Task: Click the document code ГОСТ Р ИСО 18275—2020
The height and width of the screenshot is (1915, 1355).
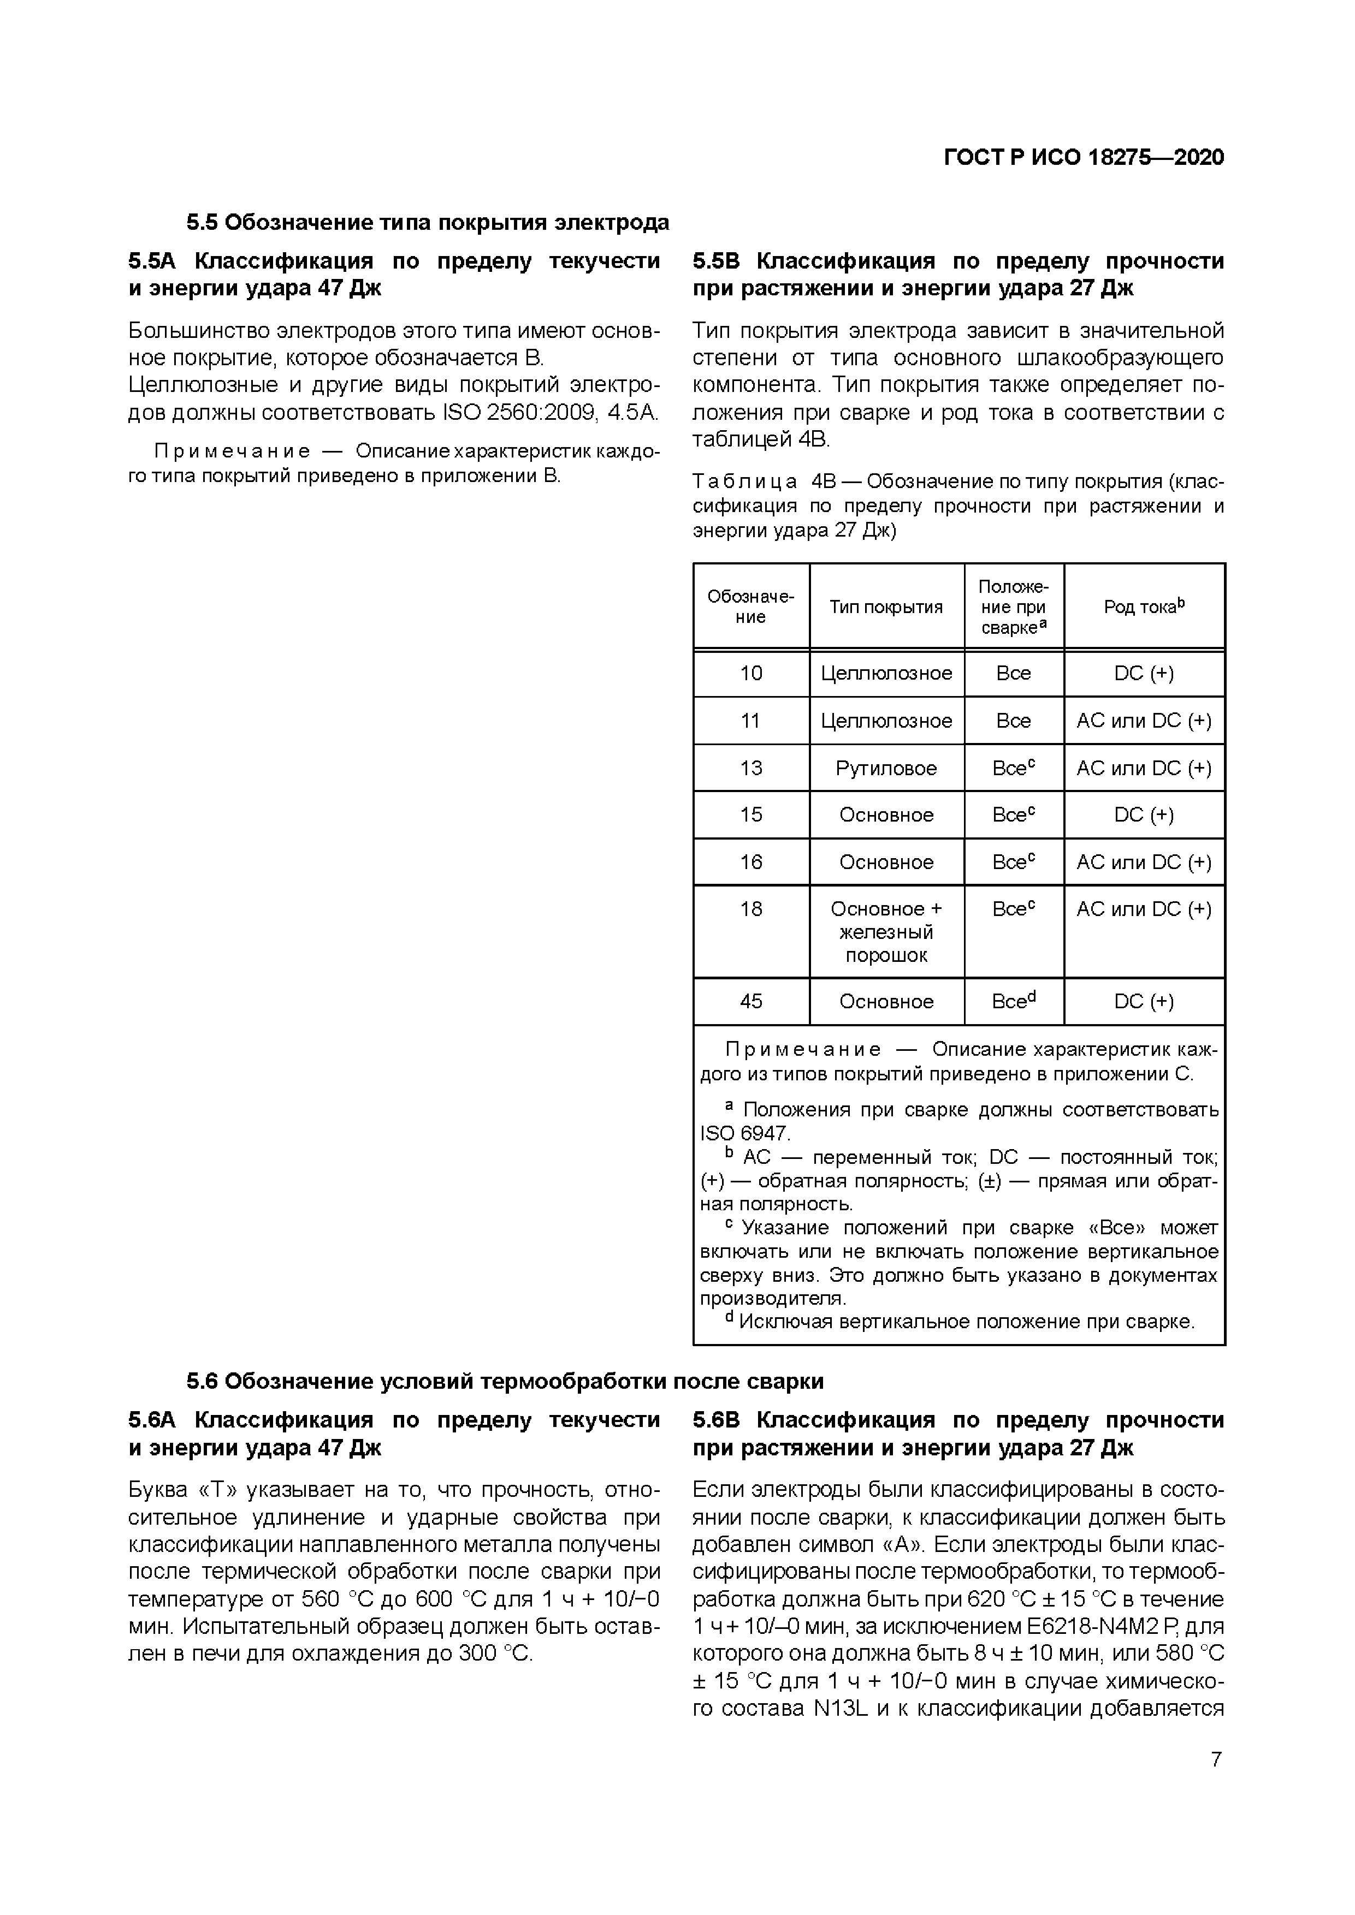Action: [1083, 158]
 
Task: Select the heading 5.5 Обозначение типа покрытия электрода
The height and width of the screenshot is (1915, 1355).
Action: [427, 223]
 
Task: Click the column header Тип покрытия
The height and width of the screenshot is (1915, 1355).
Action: [885, 607]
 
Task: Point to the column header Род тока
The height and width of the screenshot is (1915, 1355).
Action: [1143, 606]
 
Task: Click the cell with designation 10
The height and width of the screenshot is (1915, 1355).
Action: [751, 673]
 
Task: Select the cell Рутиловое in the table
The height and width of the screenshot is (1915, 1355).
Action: [886, 768]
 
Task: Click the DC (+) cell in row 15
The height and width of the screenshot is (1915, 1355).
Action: [1143, 815]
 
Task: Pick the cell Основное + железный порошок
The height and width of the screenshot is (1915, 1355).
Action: [886, 932]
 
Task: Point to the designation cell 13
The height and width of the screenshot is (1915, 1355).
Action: [751, 768]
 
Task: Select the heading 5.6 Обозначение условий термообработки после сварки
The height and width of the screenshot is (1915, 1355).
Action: [505, 1382]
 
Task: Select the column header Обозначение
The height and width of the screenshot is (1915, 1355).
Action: [751, 606]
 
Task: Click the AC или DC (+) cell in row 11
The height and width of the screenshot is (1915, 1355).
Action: [1143, 721]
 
